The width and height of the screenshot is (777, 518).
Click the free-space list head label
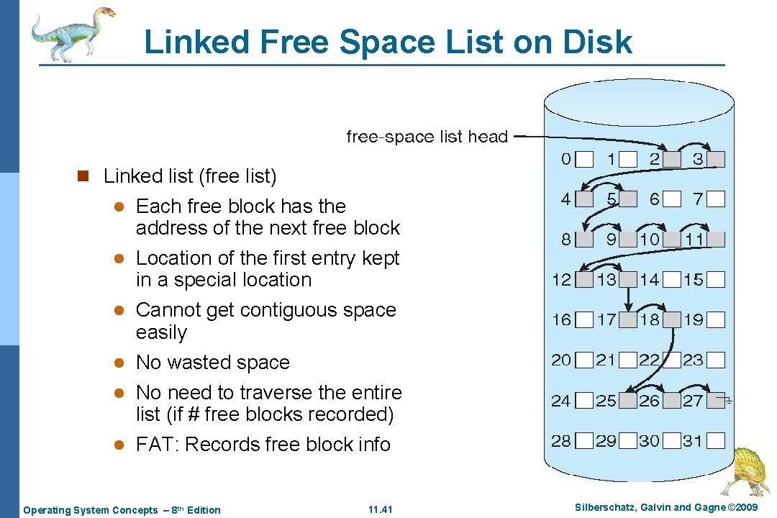[x=427, y=136]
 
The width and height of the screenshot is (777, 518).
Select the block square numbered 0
[x=585, y=159]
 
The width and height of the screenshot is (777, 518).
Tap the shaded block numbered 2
[x=673, y=159]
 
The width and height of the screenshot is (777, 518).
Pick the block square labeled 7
[x=716, y=199]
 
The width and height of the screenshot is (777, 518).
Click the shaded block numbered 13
[x=629, y=279]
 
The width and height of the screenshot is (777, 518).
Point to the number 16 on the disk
[x=562, y=319]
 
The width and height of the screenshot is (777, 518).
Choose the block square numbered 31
[x=716, y=440]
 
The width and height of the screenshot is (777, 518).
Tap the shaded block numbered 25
[x=629, y=401]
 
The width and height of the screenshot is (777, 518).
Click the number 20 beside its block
[x=562, y=360]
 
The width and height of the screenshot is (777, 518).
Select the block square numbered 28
[x=585, y=440]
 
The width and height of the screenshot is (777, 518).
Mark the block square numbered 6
[x=673, y=199]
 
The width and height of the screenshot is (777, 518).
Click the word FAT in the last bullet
[x=156, y=445]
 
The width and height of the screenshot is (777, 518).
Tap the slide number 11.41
[x=380, y=510]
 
